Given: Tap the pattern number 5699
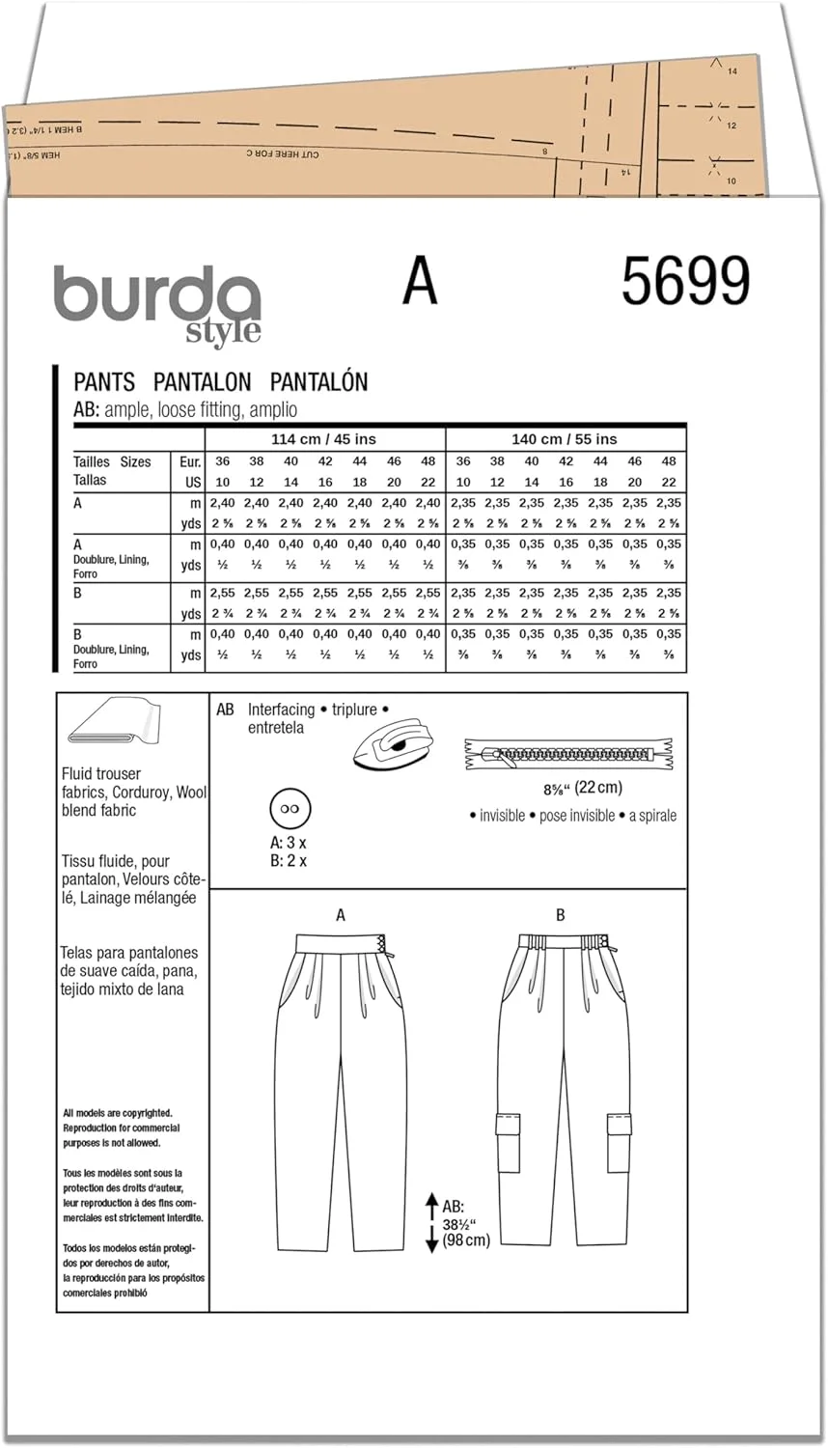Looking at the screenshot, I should click(685, 282).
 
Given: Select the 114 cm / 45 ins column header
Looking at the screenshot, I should click(323, 439).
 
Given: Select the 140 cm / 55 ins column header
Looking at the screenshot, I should click(565, 439).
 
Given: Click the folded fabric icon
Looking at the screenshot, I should click(114, 724).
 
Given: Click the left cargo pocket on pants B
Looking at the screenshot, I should click(508, 1125).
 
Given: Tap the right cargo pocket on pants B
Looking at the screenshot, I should click(619, 1125).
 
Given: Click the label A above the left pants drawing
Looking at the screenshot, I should click(341, 915).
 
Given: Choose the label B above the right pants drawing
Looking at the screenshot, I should click(560, 915).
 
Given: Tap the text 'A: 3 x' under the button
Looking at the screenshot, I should click(289, 843).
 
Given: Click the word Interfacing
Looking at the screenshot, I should click(281, 710).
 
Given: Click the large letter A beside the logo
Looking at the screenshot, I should click(420, 282).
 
